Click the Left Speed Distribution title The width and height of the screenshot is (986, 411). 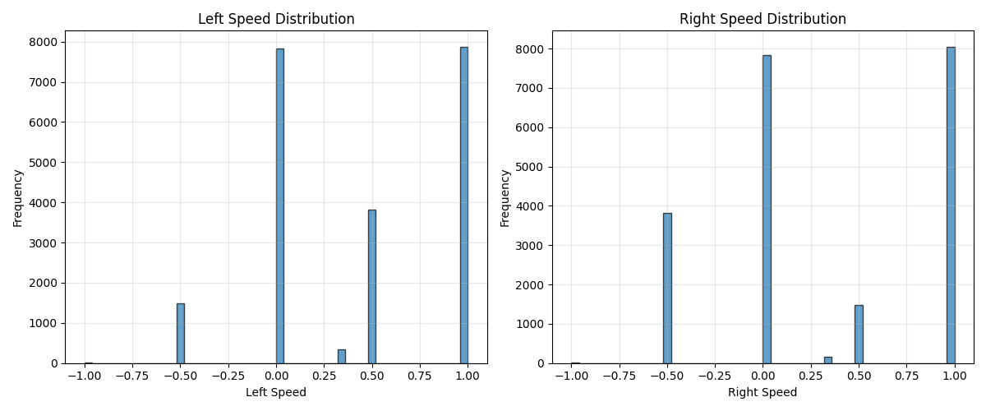[x=276, y=19]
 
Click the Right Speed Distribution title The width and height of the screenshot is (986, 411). [x=763, y=19]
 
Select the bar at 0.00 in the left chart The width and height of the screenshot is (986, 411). [x=279, y=205]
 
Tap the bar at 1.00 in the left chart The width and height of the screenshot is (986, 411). [x=463, y=205]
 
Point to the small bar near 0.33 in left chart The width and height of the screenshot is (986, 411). [x=341, y=357]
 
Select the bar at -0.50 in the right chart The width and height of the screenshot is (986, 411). [x=667, y=288]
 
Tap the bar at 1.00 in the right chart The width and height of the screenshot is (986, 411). [x=951, y=205]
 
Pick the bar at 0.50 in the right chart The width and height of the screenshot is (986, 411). [x=859, y=334]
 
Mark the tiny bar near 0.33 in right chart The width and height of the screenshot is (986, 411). [x=827, y=360]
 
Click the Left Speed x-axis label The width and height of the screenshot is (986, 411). [x=276, y=393]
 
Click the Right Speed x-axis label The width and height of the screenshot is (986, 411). [x=763, y=393]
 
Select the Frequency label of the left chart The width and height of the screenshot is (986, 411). [x=18, y=197]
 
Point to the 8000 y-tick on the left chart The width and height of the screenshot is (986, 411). [x=44, y=42]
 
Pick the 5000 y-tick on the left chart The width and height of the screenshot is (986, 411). [x=44, y=163]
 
